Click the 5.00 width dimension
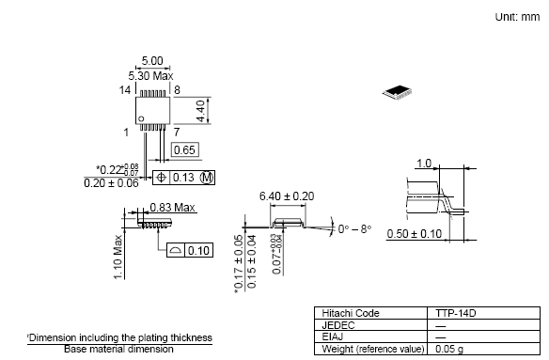pyautogui.click(x=152, y=61)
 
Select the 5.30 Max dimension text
pyautogui.click(x=150, y=76)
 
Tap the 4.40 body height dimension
pyautogui.click(x=200, y=111)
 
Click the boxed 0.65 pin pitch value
pyautogui.click(x=184, y=149)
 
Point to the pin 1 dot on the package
pyautogui.click(x=141, y=118)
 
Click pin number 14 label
pyautogui.click(x=125, y=90)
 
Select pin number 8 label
pyautogui.click(x=177, y=90)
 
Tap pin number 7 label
pyautogui.click(x=177, y=132)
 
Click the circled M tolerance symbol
pyautogui.click(x=207, y=178)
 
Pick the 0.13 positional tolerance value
pyautogui.click(x=183, y=178)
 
